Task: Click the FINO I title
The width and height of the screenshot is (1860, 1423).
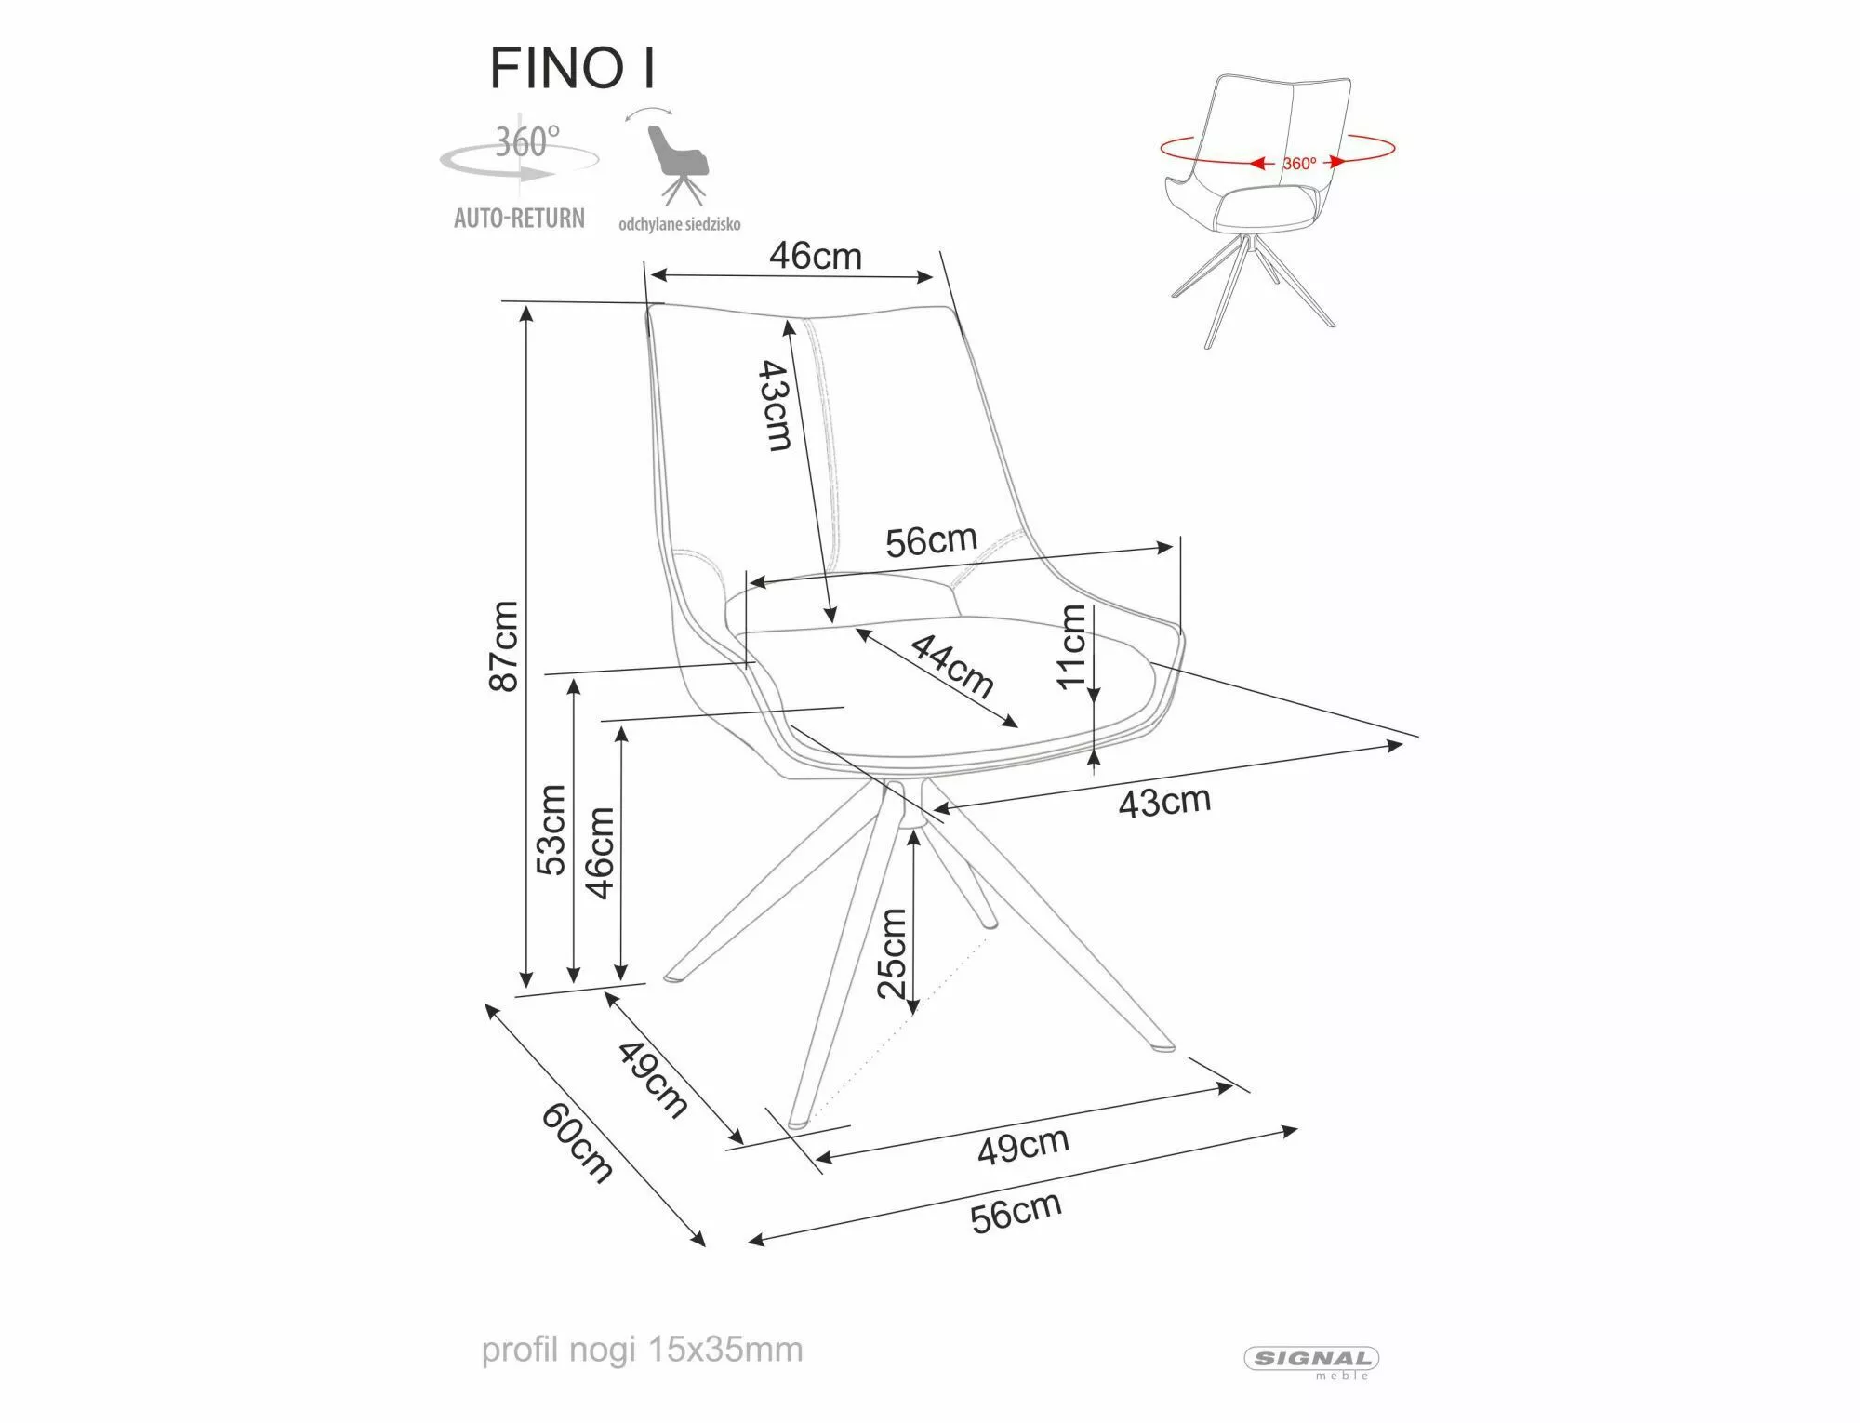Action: [x=573, y=68]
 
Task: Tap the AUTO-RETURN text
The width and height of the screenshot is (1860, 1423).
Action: [x=519, y=219]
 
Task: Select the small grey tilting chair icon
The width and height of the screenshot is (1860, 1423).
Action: [x=677, y=163]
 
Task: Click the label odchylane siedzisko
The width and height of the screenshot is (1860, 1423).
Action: [x=679, y=224]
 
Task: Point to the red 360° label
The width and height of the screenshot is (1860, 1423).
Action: [x=1299, y=164]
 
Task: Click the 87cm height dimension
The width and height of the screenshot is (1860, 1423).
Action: [x=502, y=645]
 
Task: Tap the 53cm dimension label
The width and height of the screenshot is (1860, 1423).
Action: [x=551, y=830]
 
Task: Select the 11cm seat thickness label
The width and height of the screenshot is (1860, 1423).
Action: [x=1071, y=645]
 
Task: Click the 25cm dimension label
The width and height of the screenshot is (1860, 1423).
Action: [x=892, y=952]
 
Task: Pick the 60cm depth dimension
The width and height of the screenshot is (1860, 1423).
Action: [x=578, y=1143]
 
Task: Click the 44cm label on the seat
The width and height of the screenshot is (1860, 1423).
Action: [x=951, y=666]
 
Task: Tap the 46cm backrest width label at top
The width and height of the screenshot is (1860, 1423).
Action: [x=815, y=256]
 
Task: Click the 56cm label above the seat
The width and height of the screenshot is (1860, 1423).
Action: [x=931, y=540]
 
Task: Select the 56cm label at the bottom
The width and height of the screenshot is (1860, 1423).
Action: [x=1016, y=1213]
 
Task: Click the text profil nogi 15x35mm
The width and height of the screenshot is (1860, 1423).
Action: [x=642, y=1350]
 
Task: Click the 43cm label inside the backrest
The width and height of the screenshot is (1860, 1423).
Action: [x=775, y=406]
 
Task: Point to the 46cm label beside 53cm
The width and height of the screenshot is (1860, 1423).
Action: [x=600, y=853]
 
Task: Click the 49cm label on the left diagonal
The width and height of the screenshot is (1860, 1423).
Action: [x=653, y=1078]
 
